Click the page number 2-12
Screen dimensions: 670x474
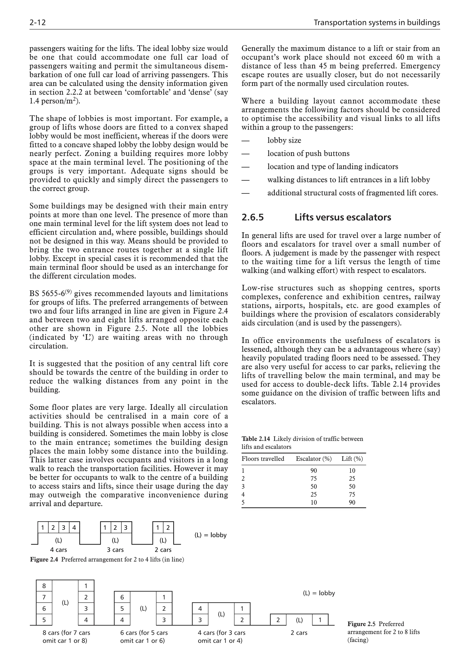pyautogui.click(x=38, y=22)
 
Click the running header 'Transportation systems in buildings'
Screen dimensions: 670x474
pyautogui.click(x=377, y=22)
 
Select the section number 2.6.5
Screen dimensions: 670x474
pyautogui.click(x=253, y=217)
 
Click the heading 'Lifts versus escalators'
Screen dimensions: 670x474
pyautogui.click(x=343, y=217)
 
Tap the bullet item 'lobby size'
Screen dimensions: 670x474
pyautogui.click(x=284, y=140)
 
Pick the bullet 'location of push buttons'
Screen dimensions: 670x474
pyautogui.click(x=308, y=154)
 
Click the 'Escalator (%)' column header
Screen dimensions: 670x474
pyautogui.click(x=314, y=459)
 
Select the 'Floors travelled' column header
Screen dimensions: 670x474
pyautogui.click(x=262, y=459)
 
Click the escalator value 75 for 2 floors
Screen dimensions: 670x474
pyautogui.click(x=314, y=479)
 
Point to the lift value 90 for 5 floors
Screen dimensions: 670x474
pyautogui.click(x=352, y=503)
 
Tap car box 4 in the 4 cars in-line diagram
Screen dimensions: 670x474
pyautogui.click(x=74, y=528)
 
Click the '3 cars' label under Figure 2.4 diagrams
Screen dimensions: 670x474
pyautogui.click(x=115, y=550)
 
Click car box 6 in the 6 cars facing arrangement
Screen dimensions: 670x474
pyautogui.click(x=122, y=597)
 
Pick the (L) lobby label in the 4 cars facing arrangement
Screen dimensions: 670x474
pyautogui.click(x=221, y=614)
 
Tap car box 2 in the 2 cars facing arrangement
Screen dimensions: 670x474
pyautogui.click(x=278, y=620)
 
